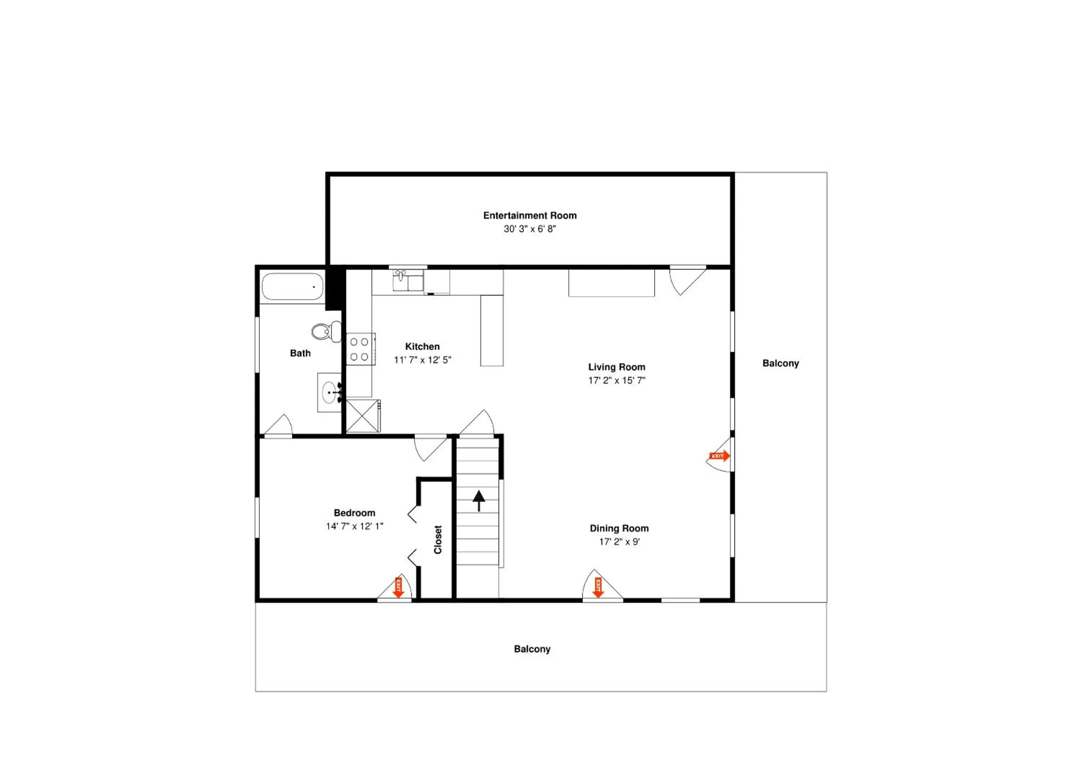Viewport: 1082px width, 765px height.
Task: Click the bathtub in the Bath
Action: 293,287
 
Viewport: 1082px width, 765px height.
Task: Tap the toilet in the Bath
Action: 326,332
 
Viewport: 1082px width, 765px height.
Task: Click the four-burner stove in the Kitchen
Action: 361,349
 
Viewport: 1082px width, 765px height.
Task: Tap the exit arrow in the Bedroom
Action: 399,587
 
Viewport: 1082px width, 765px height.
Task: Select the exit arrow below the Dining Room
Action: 598,587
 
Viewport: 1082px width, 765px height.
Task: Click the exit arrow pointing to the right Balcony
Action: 719,456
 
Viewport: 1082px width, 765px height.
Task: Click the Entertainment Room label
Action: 530,215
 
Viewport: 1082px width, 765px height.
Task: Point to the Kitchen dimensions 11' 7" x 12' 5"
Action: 422,360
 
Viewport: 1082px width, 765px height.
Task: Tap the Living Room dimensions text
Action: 617,380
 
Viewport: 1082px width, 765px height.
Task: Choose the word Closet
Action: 438,540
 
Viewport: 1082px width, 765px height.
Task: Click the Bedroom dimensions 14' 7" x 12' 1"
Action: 354,526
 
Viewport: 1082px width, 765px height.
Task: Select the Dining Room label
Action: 619,528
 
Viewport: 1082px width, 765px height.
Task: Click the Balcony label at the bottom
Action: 532,649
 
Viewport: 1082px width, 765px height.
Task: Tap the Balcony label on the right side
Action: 780,363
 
